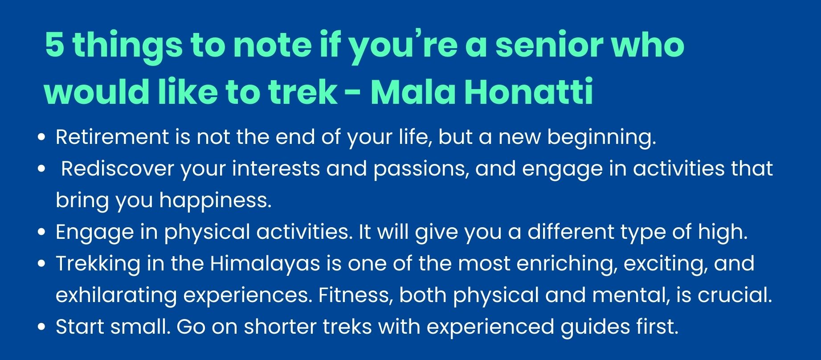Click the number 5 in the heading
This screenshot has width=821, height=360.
(54, 46)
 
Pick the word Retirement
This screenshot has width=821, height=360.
(112, 137)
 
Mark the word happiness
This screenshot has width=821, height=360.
(216, 201)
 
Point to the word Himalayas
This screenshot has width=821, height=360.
(265, 264)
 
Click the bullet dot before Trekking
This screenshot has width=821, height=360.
(42, 264)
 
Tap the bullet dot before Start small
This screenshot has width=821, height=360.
(42, 327)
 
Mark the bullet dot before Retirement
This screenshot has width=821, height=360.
(42, 138)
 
